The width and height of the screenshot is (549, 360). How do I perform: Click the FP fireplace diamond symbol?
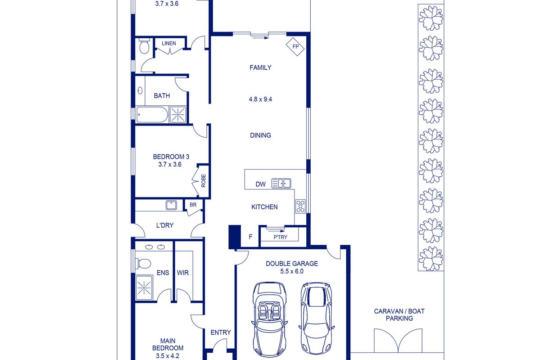pos(295,46)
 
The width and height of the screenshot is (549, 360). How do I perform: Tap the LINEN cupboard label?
pos(168,43)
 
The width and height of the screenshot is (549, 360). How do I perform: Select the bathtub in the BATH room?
pos(152,115)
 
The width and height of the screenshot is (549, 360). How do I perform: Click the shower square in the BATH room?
pos(178,114)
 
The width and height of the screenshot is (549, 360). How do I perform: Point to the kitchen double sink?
pos(281,183)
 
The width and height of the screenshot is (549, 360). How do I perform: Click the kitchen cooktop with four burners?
pos(300,206)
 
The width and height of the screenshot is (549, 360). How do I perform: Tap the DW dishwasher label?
pos(260,184)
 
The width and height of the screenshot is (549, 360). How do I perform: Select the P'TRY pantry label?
pos(281,237)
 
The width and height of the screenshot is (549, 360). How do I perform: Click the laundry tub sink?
pos(171,205)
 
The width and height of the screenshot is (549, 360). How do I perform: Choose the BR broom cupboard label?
pos(193,205)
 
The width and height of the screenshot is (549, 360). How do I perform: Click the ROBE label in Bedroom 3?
pos(204,181)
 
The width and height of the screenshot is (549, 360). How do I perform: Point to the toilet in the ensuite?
pos(143,264)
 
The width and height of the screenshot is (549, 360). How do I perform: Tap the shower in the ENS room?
pos(144,288)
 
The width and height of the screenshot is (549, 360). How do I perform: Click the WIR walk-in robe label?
pos(183,273)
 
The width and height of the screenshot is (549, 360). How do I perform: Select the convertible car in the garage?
pos(269,319)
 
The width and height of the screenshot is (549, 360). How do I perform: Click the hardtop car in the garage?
pos(317,318)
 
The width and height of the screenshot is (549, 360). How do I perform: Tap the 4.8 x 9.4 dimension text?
pos(260,99)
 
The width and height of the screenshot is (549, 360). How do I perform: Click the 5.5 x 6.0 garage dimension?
pos(292,271)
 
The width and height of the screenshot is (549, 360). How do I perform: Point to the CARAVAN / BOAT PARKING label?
pos(399,315)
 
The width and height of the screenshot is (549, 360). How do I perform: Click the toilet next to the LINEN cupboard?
pos(144,46)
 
